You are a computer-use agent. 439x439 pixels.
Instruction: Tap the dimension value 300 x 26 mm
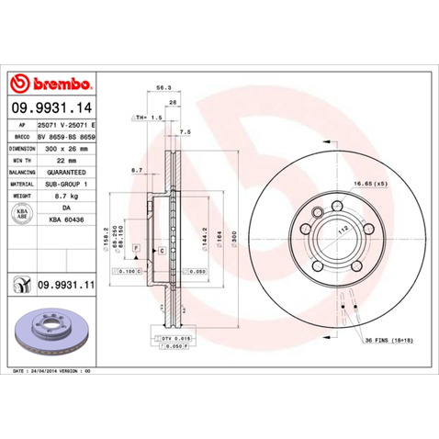66,147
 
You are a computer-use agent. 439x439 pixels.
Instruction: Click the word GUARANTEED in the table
66,172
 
